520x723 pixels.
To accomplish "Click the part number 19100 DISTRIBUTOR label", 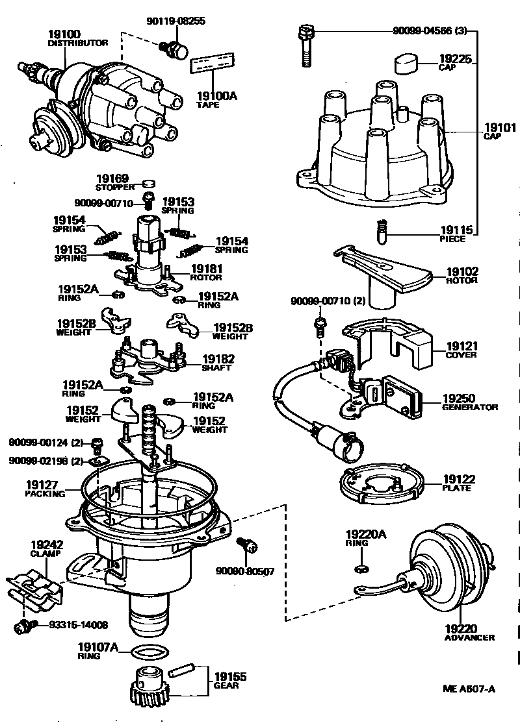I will [64, 37].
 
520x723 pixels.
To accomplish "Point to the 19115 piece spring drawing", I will [383, 230].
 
